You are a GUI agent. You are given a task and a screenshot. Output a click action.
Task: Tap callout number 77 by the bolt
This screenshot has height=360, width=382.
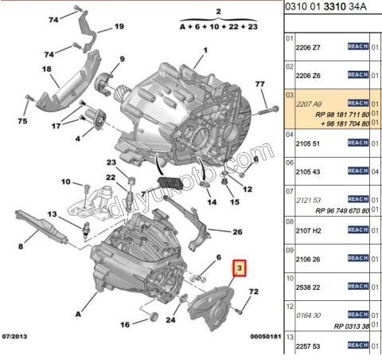coord(259,84)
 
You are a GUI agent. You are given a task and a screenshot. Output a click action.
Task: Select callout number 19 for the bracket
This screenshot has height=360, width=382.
coord(119,26)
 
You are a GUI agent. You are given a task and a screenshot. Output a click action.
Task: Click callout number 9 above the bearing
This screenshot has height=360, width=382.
coord(123,59)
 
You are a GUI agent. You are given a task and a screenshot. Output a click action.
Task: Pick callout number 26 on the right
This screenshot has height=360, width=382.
coord(236,233)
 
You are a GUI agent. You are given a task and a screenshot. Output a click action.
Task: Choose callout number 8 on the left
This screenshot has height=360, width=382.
coord(21,246)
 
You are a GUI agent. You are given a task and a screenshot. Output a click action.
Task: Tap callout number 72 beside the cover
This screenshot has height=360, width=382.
coord(254,294)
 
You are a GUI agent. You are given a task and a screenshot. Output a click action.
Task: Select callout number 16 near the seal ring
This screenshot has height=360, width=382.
coord(124,325)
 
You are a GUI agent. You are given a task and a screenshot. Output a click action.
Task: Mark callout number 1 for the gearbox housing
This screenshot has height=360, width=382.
coord(203,50)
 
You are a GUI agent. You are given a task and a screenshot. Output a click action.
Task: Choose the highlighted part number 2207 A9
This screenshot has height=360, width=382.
coord(309,104)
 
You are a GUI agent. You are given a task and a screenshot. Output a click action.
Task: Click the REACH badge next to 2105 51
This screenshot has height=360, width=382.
coord(357,143)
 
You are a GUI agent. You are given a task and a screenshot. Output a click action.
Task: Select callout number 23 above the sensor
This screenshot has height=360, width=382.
coord(112,162)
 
